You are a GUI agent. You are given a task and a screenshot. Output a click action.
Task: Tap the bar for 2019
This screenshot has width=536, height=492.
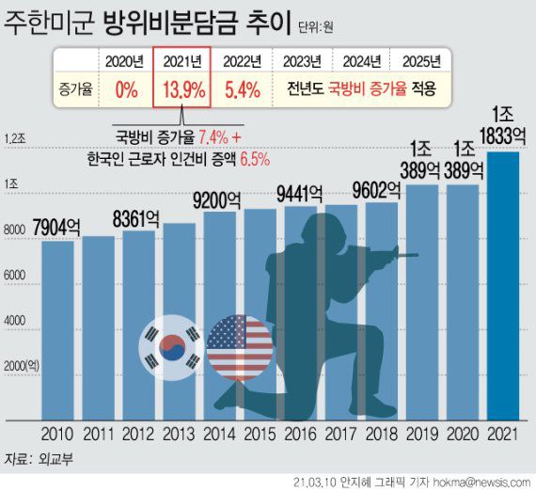422,301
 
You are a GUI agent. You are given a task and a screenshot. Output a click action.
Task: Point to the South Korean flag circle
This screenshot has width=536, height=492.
169,346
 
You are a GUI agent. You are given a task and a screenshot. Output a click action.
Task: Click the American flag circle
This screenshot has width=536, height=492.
238,346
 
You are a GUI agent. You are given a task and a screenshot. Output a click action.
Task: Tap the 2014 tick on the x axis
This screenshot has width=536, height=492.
218,435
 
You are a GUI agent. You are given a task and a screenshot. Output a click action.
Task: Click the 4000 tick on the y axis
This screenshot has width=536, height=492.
17,321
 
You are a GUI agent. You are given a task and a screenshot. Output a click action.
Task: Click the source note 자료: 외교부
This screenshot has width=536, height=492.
36,459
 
